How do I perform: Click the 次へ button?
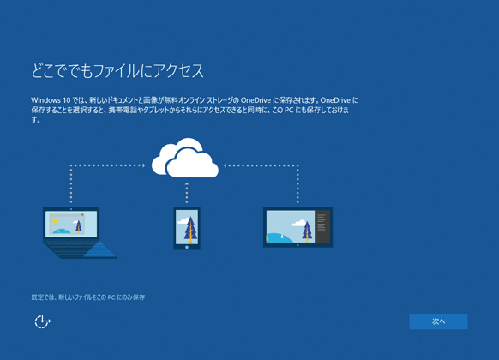pos(438,321)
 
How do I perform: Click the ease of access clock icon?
pos(42,321)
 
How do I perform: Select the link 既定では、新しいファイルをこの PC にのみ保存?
pos(88,297)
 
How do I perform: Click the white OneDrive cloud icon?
pos(185,158)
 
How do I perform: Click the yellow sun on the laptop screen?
pos(55,220)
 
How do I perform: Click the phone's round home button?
pos(187,247)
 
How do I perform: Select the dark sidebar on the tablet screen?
pos(322,226)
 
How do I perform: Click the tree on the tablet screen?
pos(307,231)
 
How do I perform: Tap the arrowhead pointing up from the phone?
pos(187,184)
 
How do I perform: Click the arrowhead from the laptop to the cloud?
pos(143,165)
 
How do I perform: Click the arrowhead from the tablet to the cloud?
pos(225,165)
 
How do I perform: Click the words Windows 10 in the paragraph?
pos(51,100)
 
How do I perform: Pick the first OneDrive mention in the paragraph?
pos(256,100)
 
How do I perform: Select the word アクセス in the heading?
pos(178,70)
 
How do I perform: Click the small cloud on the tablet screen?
pos(298,223)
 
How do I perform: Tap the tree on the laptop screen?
pos(79,225)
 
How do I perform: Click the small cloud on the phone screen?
pos(183,220)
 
